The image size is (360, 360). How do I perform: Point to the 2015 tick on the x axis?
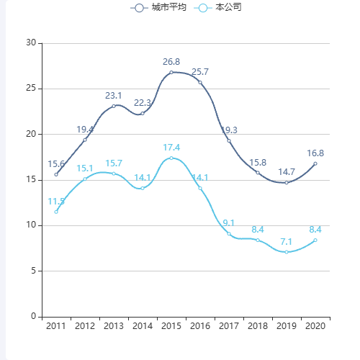click(x=171, y=326)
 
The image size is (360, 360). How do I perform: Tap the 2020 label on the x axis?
click(x=315, y=326)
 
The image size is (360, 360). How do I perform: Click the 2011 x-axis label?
click(x=56, y=326)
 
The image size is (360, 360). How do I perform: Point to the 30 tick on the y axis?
click(x=31, y=43)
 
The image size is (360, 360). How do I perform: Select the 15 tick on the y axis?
click(x=31, y=180)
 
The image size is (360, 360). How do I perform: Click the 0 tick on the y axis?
click(x=33, y=316)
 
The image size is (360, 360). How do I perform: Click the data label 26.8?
click(x=171, y=62)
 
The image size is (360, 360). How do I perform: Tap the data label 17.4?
click(x=171, y=148)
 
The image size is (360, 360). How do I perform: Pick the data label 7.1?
click(x=287, y=241)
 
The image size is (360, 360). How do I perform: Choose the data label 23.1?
click(x=114, y=96)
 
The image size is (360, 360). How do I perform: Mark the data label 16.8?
click(x=315, y=153)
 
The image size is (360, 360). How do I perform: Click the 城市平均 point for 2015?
click(x=171, y=72)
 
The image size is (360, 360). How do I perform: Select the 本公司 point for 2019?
click(x=287, y=252)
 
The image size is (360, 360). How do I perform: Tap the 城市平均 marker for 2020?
click(x=315, y=163)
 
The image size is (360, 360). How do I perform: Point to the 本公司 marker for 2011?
click(x=56, y=212)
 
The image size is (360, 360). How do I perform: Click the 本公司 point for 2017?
click(x=229, y=233)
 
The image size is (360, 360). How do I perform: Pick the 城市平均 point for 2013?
click(x=114, y=106)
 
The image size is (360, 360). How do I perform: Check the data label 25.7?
click(x=200, y=72)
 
